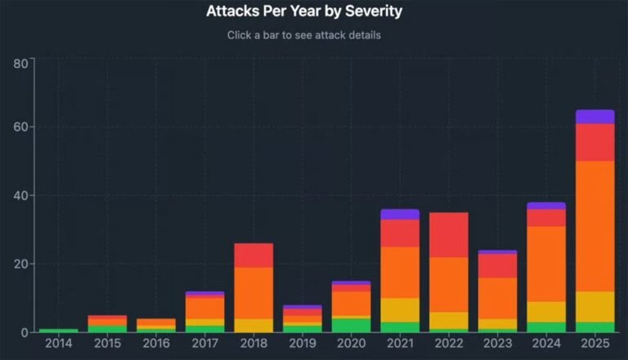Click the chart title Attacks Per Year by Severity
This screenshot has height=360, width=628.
pos(303,12)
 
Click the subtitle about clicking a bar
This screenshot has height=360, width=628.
pos(303,36)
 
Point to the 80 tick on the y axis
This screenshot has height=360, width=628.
pos(21,63)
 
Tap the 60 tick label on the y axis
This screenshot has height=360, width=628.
pos(21,128)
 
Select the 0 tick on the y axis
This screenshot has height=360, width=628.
pos(25,332)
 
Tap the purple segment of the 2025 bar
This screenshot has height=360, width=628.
pos(594,116)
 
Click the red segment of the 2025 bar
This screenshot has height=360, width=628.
pos(594,142)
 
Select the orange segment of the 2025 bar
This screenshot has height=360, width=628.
pos(594,226)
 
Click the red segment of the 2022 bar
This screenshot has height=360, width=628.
pos(449,235)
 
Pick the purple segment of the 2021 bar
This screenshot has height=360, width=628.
pos(400,214)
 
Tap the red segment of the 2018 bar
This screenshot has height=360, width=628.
pos(253,255)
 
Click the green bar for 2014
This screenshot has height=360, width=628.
pos(59,330)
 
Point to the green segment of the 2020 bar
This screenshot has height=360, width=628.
pos(351,325)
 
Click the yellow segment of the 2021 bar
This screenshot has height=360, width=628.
pos(400,310)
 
